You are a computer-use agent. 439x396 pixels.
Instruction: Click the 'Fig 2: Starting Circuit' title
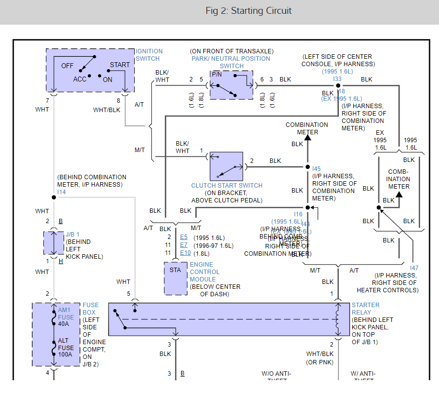tap(249, 10)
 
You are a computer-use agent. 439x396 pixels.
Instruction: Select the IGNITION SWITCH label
tap(149, 55)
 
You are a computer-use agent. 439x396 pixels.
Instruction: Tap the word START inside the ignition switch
tap(120, 65)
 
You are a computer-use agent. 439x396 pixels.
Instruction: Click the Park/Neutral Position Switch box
tap(231, 85)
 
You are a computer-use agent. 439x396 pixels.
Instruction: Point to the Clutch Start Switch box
tap(226, 166)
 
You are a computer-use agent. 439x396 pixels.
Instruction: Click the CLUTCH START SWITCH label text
tap(227, 186)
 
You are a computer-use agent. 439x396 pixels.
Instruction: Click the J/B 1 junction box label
tap(73, 234)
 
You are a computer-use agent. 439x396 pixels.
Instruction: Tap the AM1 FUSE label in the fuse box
tap(66, 314)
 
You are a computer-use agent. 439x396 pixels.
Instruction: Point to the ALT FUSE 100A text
tap(66, 348)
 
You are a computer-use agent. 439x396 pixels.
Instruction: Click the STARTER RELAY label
tap(366, 309)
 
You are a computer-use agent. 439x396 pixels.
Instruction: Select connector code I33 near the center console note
tap(337, 79)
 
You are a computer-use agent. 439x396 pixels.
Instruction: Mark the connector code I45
tap(316, 169)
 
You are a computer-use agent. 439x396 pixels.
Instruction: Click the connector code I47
tap(414, 268)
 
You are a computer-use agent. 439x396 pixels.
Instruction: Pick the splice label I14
tap(61, 192)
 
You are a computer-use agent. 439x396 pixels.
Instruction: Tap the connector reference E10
tap(185, 253)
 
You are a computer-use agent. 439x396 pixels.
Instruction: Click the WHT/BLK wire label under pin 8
tap(107, 110)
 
